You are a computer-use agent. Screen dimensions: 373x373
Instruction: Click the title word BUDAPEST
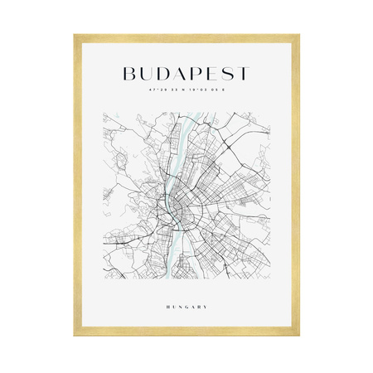186,74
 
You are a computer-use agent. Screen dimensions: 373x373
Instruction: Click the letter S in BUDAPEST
227,74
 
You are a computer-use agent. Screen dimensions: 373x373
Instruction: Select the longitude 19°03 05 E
208,90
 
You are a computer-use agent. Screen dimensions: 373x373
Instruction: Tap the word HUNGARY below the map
186,308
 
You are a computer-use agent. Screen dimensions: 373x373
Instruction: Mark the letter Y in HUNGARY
206,308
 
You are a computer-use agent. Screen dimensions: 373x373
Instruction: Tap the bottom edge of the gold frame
186,337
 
